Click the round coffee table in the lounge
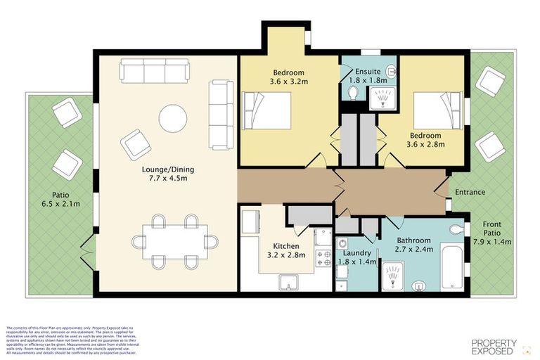[x=173, y=118]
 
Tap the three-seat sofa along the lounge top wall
[x=154, y=70]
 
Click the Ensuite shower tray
[x=383, y=98]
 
